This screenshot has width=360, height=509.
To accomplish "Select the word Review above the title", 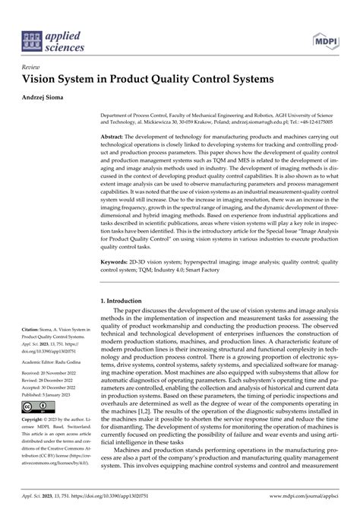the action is point(33,67).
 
